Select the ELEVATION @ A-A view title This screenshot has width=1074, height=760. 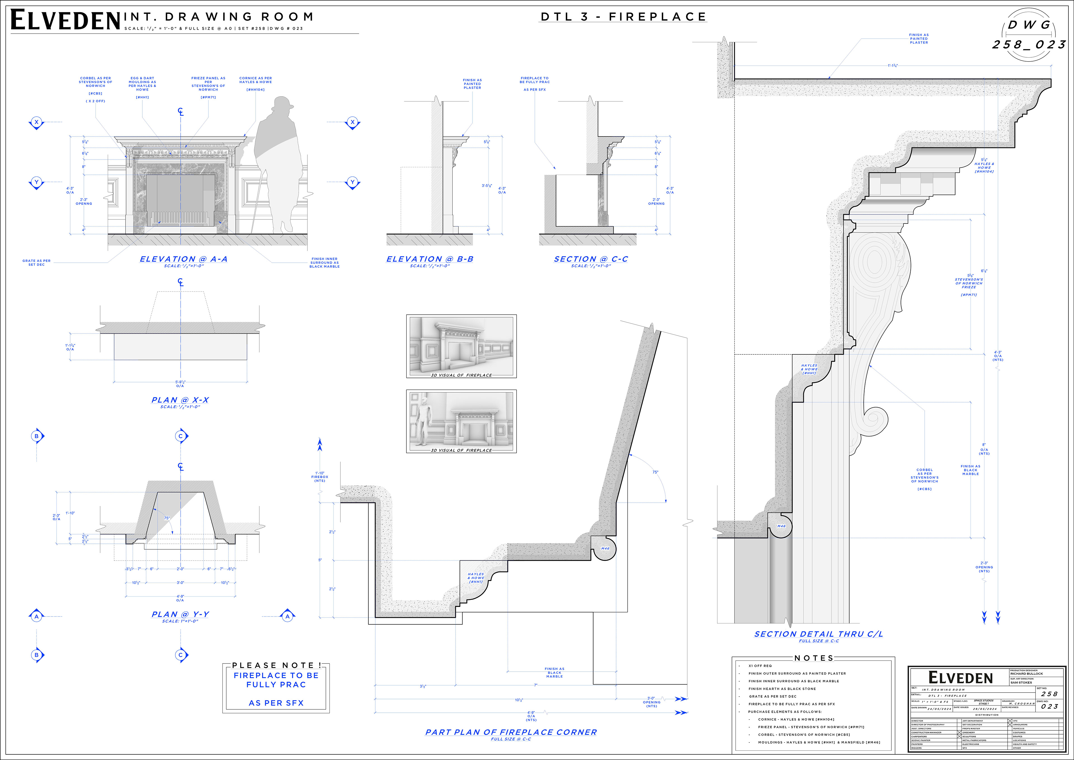[183, 259]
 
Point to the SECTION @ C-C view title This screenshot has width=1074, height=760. [591, 259]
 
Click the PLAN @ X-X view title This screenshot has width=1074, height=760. [180, 400]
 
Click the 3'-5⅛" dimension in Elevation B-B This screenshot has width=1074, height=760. [487, 186]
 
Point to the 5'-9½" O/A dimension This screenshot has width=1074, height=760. [180, 384]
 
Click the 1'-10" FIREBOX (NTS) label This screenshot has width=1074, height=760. [320, 477]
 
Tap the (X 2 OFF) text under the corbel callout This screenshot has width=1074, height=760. [95, 101]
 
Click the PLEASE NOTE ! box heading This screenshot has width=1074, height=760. [276, 665]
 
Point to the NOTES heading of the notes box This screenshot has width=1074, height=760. [814, 658]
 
